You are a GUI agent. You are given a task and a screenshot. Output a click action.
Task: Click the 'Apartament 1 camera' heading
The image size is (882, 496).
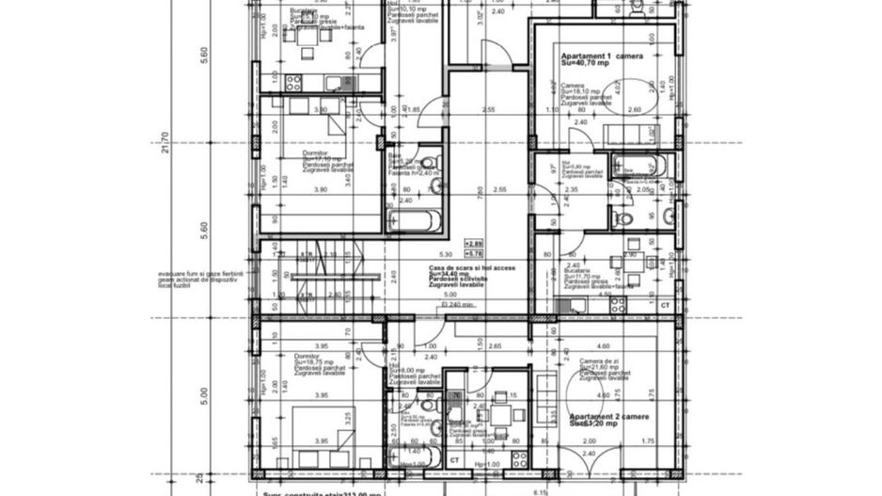click(602, 56)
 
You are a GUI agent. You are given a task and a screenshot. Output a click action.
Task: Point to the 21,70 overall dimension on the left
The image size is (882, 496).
click(166, 147)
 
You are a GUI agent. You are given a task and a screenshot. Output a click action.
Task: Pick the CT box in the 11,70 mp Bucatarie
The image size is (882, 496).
click(665, 306)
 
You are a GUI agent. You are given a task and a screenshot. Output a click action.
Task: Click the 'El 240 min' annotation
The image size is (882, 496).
click(456, 306)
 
